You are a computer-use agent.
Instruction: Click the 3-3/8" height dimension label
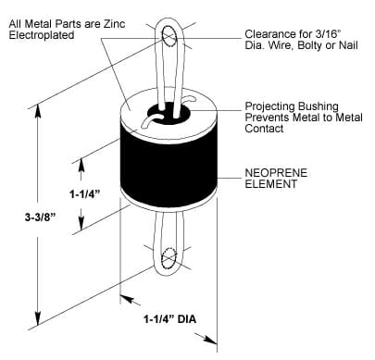coord(40,217)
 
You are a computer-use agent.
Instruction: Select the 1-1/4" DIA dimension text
coord(169,318)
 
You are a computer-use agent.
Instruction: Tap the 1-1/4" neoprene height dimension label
coord(85,194)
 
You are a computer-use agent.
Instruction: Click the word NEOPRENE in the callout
coord(276,173)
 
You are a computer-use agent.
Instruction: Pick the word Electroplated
coord(42,35)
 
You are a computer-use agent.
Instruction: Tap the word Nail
coord(348,45)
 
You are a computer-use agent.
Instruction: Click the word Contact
coord(264,129)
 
